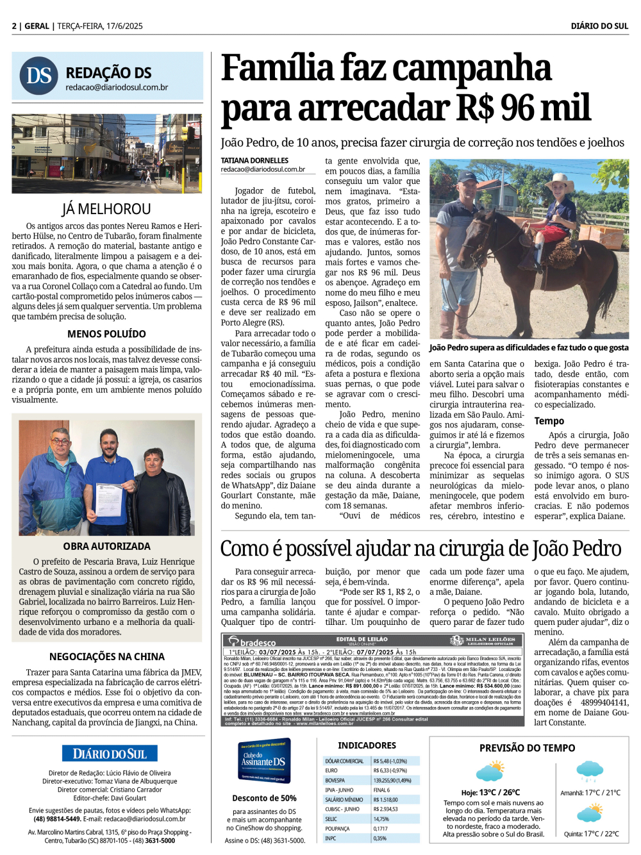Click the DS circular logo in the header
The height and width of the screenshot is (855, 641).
click(x=39, y=76)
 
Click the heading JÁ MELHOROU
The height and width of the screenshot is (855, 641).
click(x=106, y=209)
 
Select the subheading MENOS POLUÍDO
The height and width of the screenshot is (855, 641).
click(x=106, y=334)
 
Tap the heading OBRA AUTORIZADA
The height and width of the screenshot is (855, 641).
click(x=106, y=546)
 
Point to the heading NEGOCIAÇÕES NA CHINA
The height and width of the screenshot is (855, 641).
click(x=106, y=656)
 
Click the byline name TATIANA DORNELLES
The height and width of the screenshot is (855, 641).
click(x=254, y=160)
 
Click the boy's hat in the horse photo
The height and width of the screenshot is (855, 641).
click(x=559, y=180)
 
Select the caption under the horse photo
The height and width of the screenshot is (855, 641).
click(x=529, y=347)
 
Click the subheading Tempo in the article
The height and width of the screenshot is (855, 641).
click(x=549, y=421)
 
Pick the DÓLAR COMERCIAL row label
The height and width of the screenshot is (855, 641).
click(x=344, y=761)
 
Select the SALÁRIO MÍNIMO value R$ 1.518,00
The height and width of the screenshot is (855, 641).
click(x=386, y=799)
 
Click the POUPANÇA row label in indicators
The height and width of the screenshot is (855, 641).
click(x=337, y=828)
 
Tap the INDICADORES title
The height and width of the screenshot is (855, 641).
click(x=367, y=745)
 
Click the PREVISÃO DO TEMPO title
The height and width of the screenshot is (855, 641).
click(x=527, y=748)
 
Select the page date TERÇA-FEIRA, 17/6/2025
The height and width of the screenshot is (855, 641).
click(x=100, y=26)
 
